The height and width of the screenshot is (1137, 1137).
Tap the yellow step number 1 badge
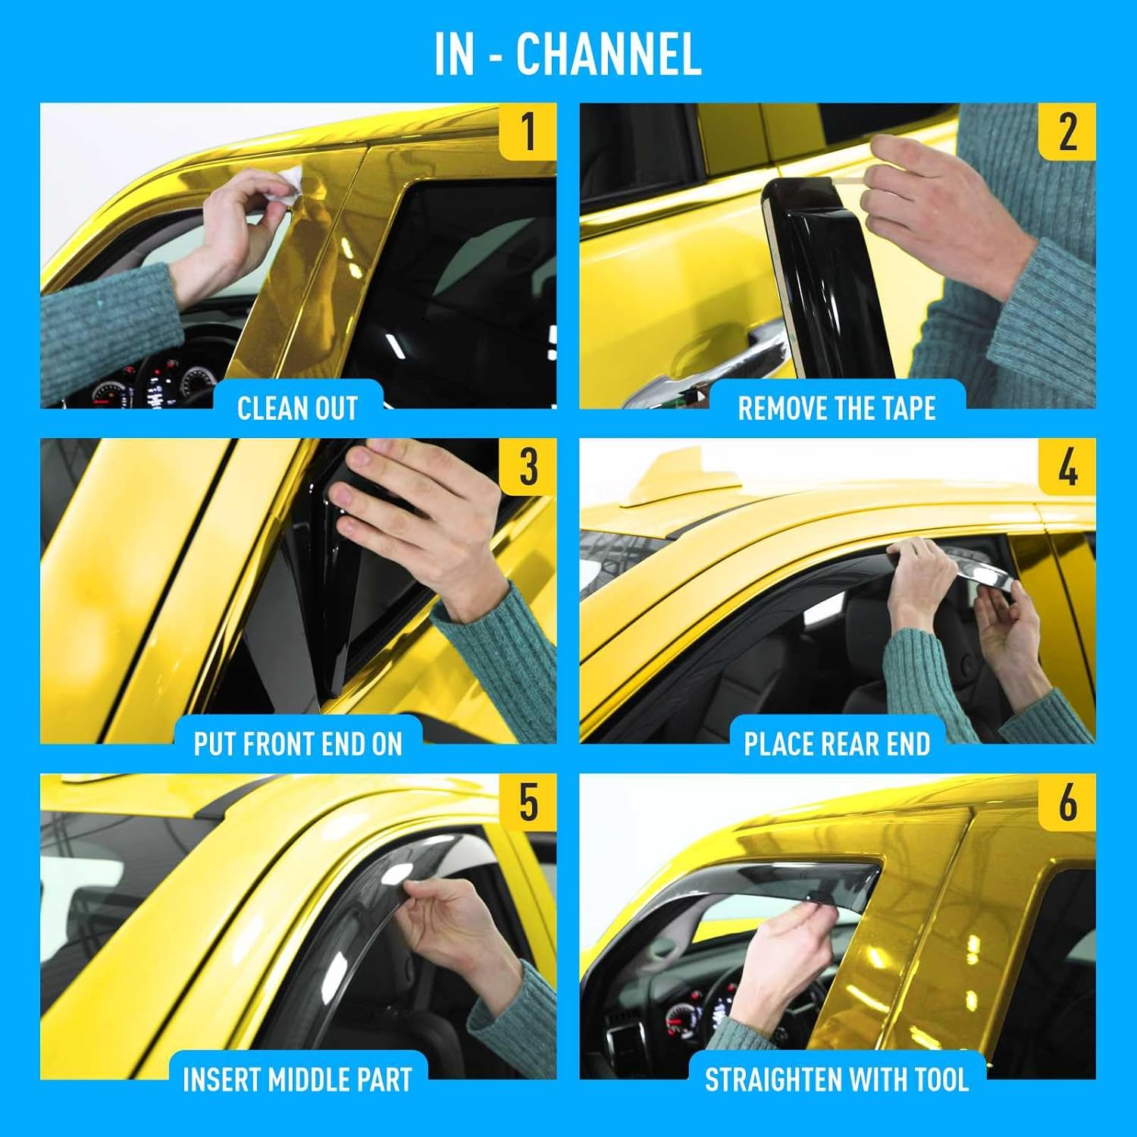pyautogui.click(x=528, y=130)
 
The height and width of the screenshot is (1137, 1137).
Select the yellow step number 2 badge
pyautogui.click(x=1067, y=130)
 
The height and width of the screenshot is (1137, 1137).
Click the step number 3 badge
pyautogui.click(x=528, y=466)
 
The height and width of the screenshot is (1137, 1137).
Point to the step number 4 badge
pyautogui.click(x=1067, y=466)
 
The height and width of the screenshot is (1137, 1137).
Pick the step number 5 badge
pyautogui.click(x=528, y=802)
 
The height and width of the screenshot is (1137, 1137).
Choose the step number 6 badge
pyautogui.click(x=1067, y=802)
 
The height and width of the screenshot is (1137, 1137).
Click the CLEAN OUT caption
pyautogui.click(x=297, y=409)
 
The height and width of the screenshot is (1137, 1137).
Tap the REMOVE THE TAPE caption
pyautogui.click(x=837, y=409)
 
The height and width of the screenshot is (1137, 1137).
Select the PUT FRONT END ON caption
pyautogui.click(x=298, y=744)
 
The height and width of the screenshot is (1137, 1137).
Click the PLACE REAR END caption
pyautogui.click(x=837, y=744)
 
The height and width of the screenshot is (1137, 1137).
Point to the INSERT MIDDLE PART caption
pyautogui.click(x=297, y=1079)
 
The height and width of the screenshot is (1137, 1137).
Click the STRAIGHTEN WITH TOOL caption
pyautogui.click(x=837, y=1079)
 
